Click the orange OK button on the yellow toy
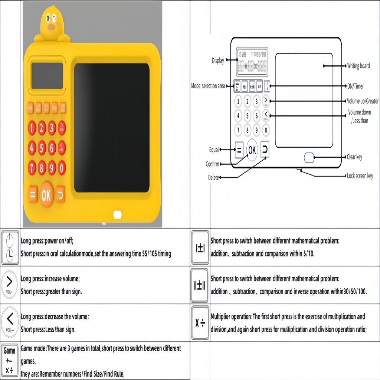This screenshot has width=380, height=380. pyautogui.click(x=46, y=195)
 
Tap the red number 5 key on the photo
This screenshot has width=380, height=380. pyautogui.click(x=42, y=148)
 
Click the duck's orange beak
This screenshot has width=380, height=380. pyautogui.click(x=52, y=27)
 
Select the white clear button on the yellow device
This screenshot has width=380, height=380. pyautogui.click(x=118, y=214)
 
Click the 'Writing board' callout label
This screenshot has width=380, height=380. pyautogui.click(x=358, y=66)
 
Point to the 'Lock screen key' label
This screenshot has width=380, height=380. pyautogui.click(x=360, y=176)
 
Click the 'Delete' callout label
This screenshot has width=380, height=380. pyautogui.click(x=213, y=178)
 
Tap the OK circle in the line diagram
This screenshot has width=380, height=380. pyautogui.click(x=252, y=150)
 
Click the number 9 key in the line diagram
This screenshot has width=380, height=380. pyautogui.click(x=256, y=130)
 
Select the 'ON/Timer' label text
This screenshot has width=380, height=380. pyautogui.click(x=355, y=86)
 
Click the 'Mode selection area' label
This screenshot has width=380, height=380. pyautogui.click(x=208, y=86)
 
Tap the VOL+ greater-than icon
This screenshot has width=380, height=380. pyautogui.click(x=10, y=285)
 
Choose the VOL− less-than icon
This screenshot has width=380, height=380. pyautogui.click(x=10, y=322)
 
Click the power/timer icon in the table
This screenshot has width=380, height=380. pyautogui.click(x=10, y=247)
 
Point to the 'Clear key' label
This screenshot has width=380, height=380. pyautogui.click(x=354, y=157)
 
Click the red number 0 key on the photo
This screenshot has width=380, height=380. pyautogui.click(x=61, y=168)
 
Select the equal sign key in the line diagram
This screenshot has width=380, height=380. pyautogui.click(x=239, y=150)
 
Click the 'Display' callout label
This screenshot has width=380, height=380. pyautogui.click(x=217, y=60)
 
